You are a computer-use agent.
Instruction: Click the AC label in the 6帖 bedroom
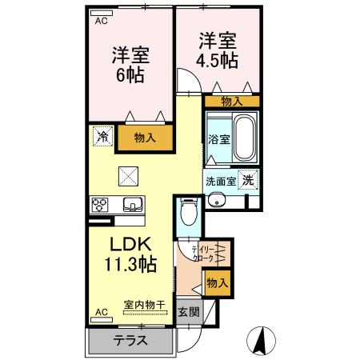point(102,22)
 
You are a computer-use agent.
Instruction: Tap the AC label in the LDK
point(102,311)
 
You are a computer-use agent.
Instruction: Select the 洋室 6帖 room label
point(129,65)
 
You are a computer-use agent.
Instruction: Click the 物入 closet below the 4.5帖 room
point(231,102)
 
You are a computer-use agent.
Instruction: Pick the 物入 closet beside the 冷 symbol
point(144,138)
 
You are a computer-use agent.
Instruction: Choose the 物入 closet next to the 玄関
point(217,282)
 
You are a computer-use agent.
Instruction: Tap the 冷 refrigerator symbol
point(102,136)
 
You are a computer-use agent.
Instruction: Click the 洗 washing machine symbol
point(250,180)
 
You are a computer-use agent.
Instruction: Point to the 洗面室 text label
point(220,181)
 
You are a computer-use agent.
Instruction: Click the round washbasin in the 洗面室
point(214,201)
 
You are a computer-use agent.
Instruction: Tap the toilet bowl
point(186,213)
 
